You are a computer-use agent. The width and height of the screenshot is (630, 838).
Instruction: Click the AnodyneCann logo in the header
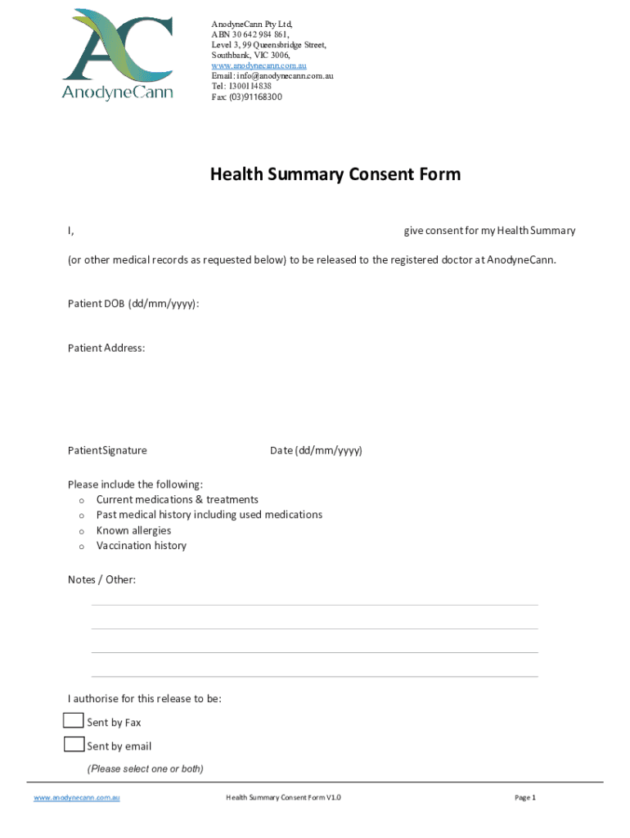[x=118, y=54]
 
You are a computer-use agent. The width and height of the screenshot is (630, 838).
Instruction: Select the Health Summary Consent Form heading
[x=335, y=174]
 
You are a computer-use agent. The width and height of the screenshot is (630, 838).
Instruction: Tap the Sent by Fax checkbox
[x=74, y=721]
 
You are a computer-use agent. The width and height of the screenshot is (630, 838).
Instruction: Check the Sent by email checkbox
[x=74, y=745]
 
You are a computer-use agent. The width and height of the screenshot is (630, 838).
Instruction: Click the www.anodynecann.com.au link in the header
[x=259, y=65]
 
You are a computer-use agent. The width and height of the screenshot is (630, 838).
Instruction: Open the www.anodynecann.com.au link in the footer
[x=76, y=797]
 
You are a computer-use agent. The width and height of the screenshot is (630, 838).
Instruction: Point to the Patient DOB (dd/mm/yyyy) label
[x=133, y=304]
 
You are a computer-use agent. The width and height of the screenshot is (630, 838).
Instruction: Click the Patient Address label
[x=106, y=348]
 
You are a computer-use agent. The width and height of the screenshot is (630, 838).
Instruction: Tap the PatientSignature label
[x=107, y=450]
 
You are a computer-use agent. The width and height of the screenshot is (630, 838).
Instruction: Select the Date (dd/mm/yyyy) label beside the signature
[x=316, y=450]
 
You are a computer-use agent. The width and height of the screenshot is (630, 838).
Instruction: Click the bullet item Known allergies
[x=133, y=530]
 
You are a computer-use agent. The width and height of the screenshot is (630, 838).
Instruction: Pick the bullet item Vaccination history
[x=141, y=546]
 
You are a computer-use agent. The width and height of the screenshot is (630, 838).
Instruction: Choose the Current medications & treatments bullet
[x=177, y=499]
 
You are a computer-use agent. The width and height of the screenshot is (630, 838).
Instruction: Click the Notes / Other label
[x=101, y=580]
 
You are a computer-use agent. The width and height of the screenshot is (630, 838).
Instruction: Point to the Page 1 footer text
[x=524, y=797]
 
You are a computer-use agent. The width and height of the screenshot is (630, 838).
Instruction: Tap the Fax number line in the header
[x=246, y=97]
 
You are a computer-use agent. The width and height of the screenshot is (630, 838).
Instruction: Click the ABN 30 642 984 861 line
[x=250, y=34]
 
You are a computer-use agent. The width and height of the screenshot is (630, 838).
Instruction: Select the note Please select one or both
[x=145, y=768]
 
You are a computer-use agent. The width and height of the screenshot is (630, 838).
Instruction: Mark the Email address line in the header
[x=272, y=76]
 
